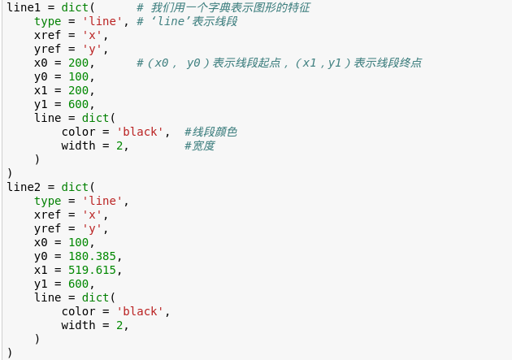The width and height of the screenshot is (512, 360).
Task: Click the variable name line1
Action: tap(24, 7)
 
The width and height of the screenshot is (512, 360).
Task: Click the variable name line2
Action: tap(24, 187)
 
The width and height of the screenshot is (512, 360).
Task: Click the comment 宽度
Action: tap(200, 145)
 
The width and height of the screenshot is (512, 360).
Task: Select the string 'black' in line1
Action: tap(140, 132)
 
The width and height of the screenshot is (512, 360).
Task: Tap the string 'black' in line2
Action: tap(140, 311)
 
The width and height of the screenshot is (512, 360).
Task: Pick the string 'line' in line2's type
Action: tap(102, 201)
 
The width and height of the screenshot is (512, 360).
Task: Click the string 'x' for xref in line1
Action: tap(96, 35)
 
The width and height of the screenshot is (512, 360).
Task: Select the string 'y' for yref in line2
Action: tap(96, 228)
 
